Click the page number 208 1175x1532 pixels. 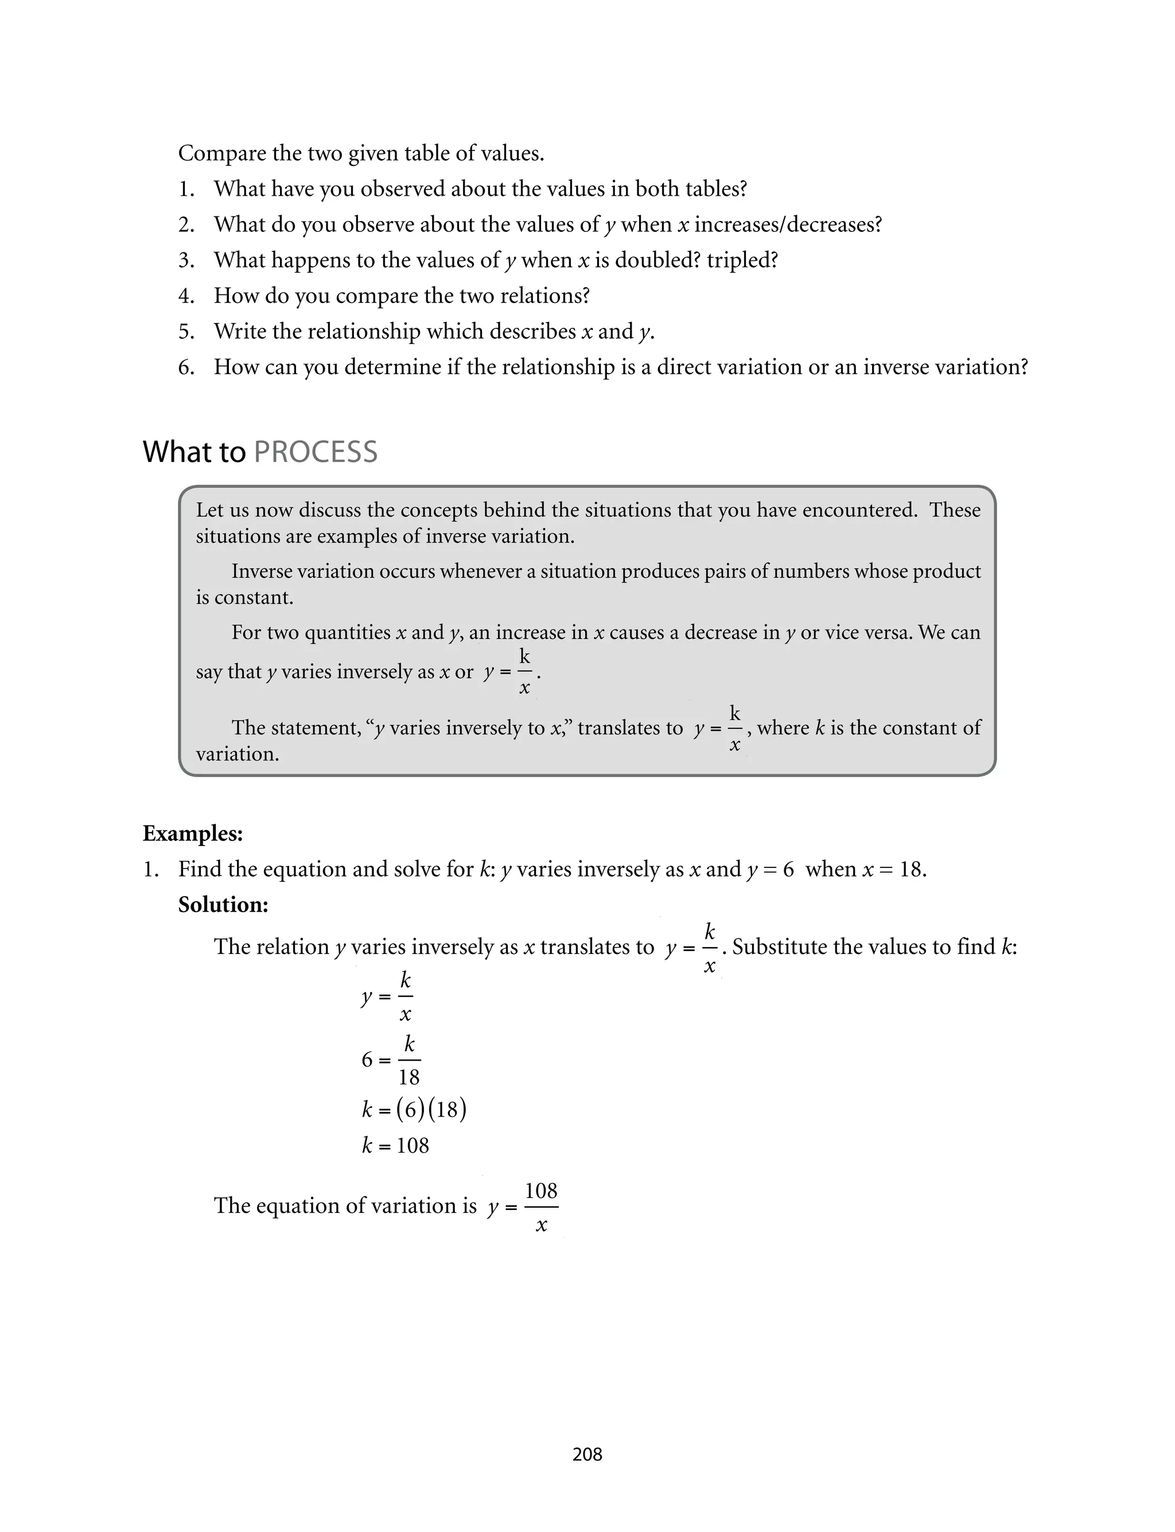click(x=587, y=1455)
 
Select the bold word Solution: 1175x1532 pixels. click(x=223, y=905)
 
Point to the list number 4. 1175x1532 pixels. click(x=186, y=296)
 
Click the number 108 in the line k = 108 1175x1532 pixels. click(x=413, y=1145)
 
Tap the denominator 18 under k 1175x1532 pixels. click(x=409, y=1077)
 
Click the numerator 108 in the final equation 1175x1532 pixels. click(x=540, y=1190)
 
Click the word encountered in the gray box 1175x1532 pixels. click(x=859, y=510)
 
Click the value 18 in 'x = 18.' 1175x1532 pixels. click(x=911, y=870)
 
